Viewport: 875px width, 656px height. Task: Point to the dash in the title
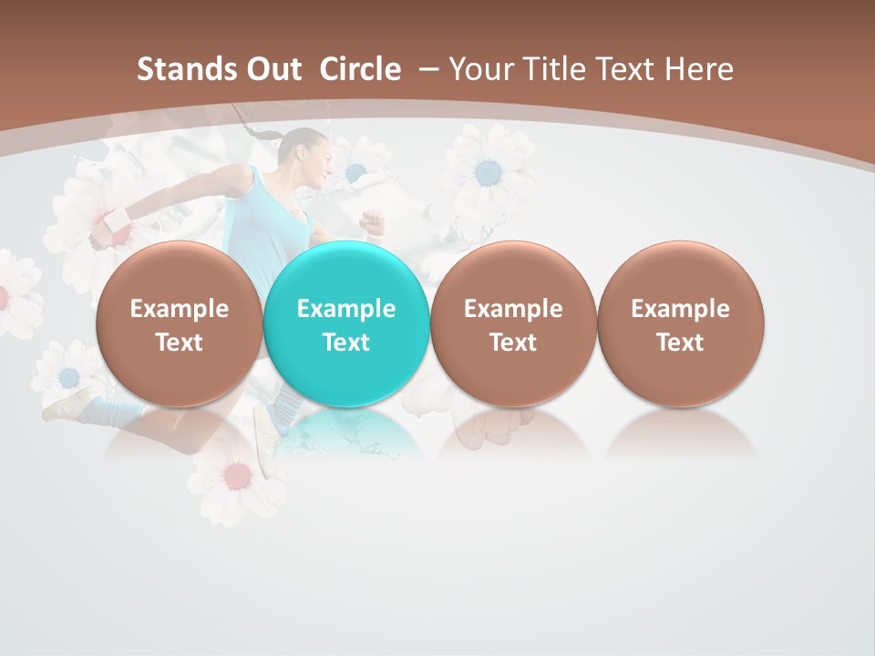(427, 69)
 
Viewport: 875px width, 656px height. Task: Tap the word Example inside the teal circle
(346, 309)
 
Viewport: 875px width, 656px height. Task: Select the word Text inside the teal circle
(346, 343)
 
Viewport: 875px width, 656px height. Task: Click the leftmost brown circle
(180, 324)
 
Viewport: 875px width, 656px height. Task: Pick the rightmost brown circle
(680, 324)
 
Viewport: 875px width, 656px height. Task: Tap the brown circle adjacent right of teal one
(513, 324)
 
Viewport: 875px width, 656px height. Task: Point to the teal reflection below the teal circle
(346, 434)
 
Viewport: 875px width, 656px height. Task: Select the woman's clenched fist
(371, 220)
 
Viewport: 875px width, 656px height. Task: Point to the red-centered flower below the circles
(236, 475)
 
